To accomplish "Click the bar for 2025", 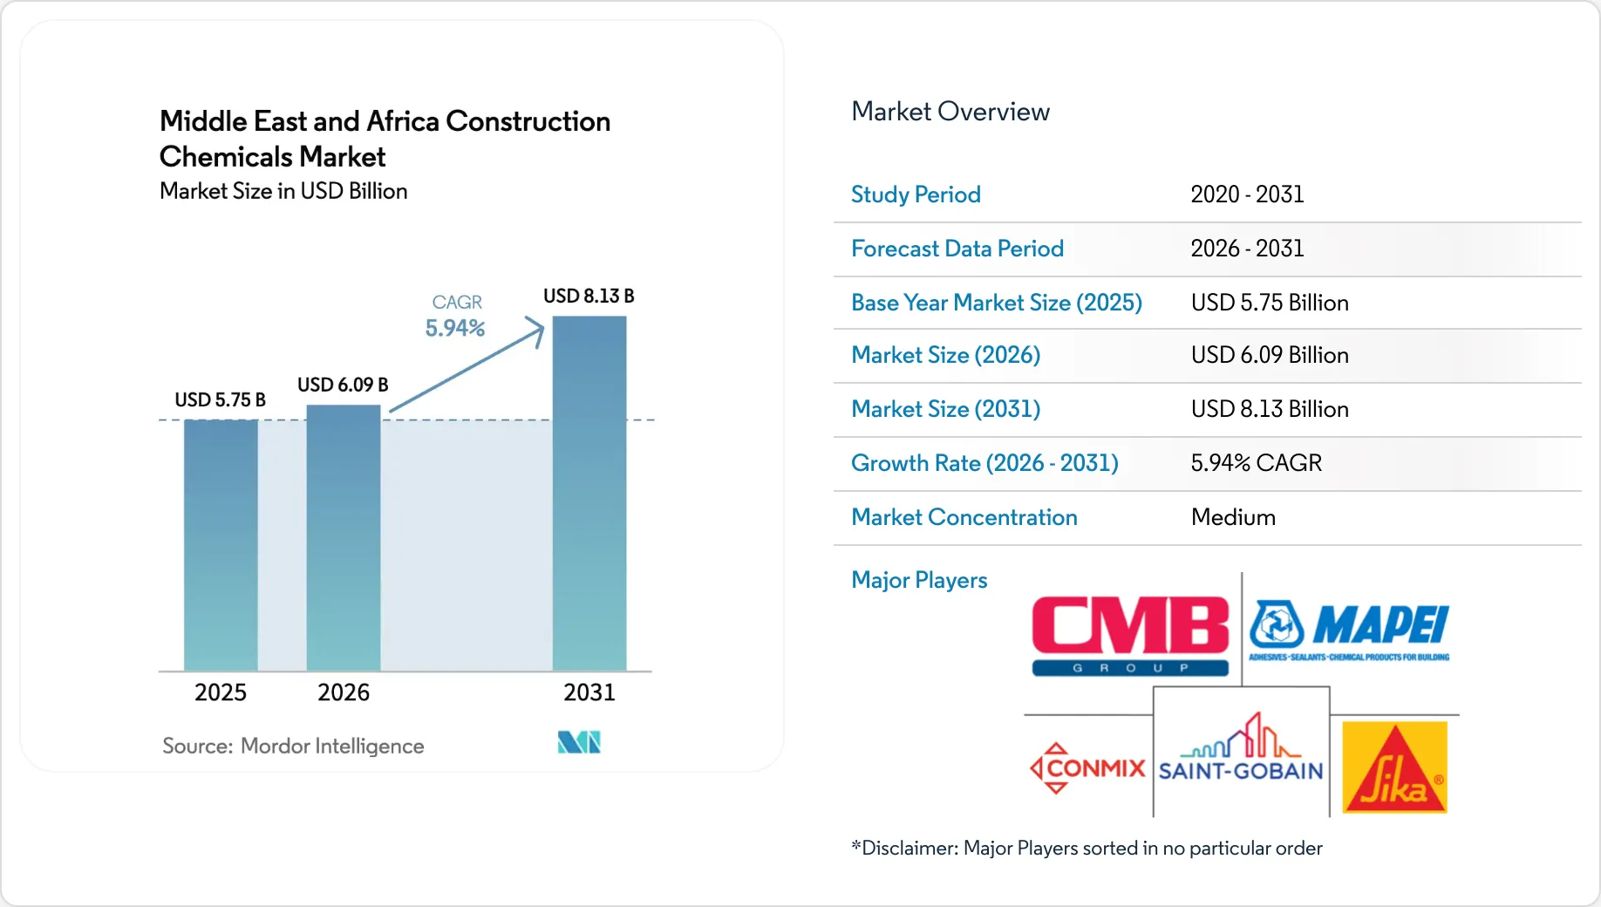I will [221, 545].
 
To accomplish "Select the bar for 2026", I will [344, 538].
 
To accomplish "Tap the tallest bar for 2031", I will [589, 494].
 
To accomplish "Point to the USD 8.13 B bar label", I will [589, 297].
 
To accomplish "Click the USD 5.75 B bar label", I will [220, 400].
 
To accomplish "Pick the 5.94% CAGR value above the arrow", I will [454, 329].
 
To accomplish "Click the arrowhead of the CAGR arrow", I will [535, 331].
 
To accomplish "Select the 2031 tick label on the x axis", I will [589, 692].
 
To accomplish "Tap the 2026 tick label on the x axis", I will [344, 692].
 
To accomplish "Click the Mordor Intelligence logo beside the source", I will [579, 743].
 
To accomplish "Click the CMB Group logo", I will [1130, 636].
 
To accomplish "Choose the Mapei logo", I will [1349, 631].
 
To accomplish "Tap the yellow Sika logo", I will [1394, 767].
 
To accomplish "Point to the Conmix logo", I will [1087, 768].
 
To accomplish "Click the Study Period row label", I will [916, 194].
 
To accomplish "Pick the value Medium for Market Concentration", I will [1233, 517].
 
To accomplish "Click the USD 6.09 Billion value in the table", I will [1270, 355].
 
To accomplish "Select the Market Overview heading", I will [950, 112].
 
